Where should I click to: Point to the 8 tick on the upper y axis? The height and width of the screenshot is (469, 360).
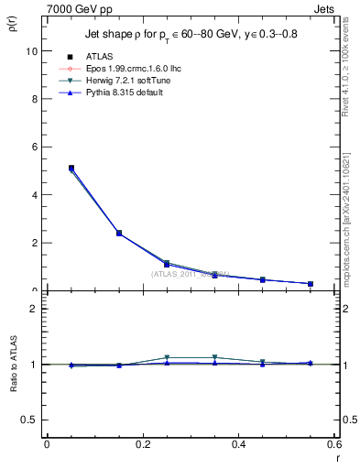[34, 99]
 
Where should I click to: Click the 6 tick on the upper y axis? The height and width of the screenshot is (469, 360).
[34, 147]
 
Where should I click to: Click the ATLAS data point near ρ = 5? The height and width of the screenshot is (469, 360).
[71, 169]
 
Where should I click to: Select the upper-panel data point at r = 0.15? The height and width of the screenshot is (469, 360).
[119, 233]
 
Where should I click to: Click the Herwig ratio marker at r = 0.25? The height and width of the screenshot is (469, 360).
[167, 357]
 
